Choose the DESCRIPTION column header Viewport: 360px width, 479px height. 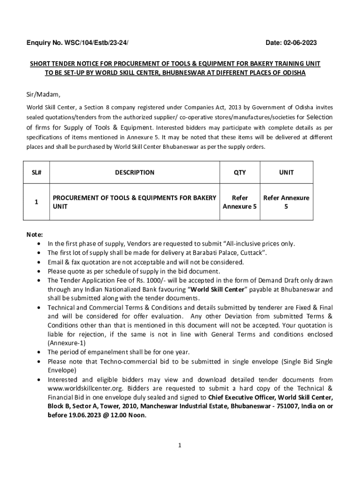(134, 172)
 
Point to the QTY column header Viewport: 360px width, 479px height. (239, 172)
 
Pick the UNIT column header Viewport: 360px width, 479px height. (286, 172)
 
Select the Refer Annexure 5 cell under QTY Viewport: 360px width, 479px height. (239, 202)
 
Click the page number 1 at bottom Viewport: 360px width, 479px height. (180, 445)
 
